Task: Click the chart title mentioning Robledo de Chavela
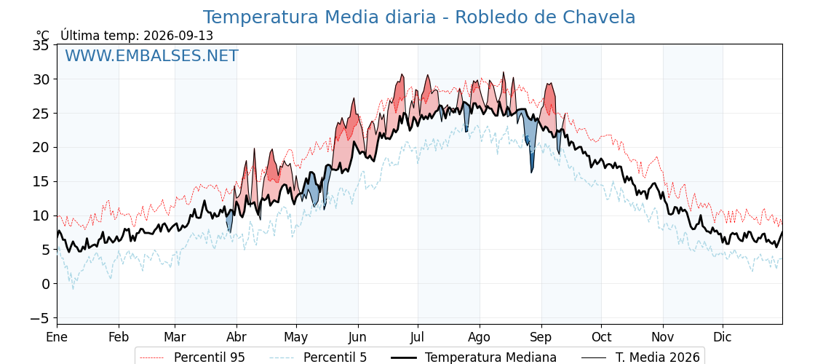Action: pyautogui.click(x=419, y=17)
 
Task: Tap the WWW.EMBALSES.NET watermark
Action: pyautogui.click(x=152, y=55)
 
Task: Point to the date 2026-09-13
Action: pyautogui.click(x=178, y=36)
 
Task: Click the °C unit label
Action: pyautogui.click(x=43, y=36)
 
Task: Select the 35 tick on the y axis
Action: pyautogui.click(x=41, y=45)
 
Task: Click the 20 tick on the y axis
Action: pyautogui.click(x=41, y=148)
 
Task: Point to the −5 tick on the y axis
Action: pyautogui.click(x=39, y=317)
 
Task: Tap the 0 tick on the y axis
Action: pyautogui.click(x=45, y=284)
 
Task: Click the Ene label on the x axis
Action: pyautogui.click(x=57, y=337)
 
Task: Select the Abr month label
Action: pyautogui.click(x=236, y=337)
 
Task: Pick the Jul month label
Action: pyautogui.click(x=418, y=337)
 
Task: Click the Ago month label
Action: pyautogui.click(x=480, y=337)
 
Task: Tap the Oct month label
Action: pyautogui.click(x=601, y=337)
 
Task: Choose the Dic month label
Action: pyautogui.click(x=723, y=337)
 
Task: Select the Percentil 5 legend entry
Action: pyautogui.click(x=319, y=357)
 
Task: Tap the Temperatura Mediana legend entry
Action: pyautogui.click(x=472, y=357)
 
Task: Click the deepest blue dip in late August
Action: pyautogui.click(x=531, y=167)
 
